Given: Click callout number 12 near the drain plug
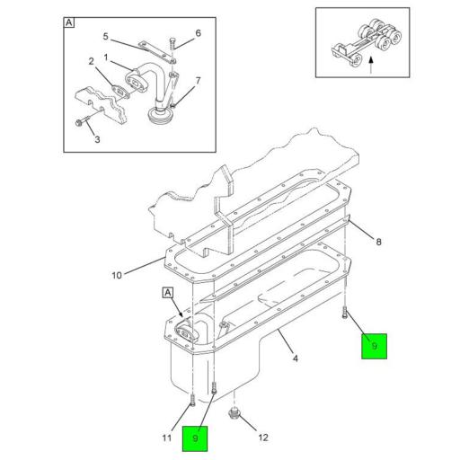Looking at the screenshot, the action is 263,438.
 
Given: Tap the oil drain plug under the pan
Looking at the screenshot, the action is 234,413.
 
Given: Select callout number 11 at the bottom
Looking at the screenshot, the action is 167,438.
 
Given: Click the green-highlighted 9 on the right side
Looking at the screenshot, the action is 374,346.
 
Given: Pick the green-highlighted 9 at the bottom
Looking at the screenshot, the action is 195,438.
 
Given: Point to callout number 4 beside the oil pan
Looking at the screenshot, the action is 296,358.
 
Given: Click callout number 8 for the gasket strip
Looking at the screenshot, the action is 379,242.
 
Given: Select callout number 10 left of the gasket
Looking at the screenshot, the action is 117,275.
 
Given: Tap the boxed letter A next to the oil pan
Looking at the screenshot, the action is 168,293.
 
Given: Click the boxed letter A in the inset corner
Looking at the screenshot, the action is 69,22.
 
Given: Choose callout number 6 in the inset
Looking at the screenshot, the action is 198,33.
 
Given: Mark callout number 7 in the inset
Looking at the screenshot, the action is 198,81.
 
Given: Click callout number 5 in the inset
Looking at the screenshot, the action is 105,36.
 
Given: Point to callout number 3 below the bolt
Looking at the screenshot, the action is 97,139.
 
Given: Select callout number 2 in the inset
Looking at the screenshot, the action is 91,61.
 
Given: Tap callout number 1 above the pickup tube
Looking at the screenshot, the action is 106,57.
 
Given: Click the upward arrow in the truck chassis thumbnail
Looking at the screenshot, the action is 371,65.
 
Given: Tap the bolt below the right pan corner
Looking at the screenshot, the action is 344,313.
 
